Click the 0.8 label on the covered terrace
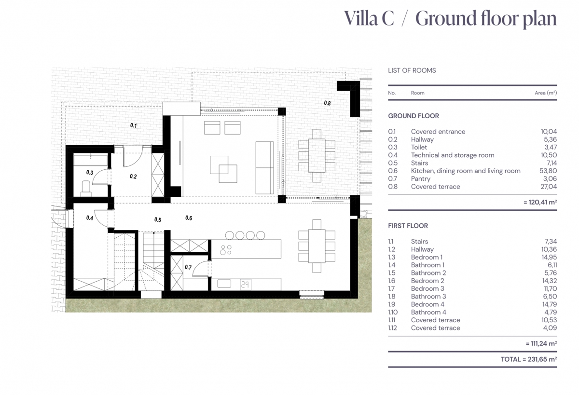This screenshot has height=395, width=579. pos(327,103)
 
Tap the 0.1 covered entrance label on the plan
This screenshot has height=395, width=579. pos(133,125)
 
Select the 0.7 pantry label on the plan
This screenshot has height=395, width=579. pos(188,267)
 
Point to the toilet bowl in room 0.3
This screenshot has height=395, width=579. pos(86,188)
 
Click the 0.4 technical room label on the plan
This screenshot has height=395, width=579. pos(89,218)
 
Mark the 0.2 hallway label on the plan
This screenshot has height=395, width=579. pos(133,177)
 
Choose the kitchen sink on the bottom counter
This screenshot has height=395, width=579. pos(224,284)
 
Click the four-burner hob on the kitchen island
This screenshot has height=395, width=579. pos(226,250)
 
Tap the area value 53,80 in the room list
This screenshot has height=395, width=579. pos(548,171)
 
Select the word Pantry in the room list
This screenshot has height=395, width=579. pos(421,179)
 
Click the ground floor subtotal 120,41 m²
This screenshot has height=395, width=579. pos(540,202)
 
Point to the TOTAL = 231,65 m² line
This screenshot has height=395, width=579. pos(529,359)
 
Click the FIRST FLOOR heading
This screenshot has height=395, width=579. pos(408,226)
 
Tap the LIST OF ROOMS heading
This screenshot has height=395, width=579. pos(412,70)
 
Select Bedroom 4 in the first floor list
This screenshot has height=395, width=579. pos(427,304)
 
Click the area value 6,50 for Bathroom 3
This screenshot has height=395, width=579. pos(550,296)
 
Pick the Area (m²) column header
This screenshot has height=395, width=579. pos(546,93)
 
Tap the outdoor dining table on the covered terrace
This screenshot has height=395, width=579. pos(317,156)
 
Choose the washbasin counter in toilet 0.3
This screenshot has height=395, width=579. pos(91,160)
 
